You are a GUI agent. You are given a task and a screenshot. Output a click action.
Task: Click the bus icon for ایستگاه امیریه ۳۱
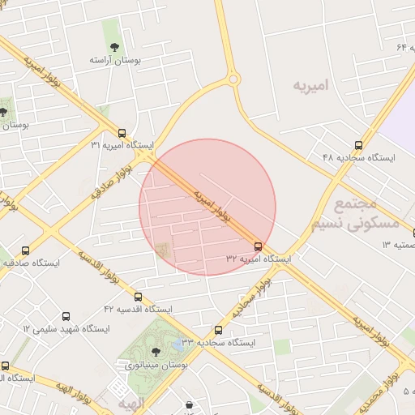[122, 133]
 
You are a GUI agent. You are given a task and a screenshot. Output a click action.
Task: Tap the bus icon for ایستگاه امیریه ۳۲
[258, 246]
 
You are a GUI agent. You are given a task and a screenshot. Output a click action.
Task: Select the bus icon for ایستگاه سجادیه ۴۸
[358, 145]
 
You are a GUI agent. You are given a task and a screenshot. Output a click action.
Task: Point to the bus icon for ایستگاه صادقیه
[26, 251]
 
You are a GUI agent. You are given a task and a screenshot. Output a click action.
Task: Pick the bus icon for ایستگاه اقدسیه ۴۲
[139, 297]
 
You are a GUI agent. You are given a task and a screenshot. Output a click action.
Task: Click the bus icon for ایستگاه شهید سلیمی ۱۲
[66, 317]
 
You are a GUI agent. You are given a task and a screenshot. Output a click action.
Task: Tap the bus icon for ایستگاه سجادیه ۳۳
[218, 330]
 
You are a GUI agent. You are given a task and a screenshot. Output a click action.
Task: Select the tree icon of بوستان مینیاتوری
[155, 352]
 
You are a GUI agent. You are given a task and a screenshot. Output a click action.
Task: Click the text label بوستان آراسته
[115, 61]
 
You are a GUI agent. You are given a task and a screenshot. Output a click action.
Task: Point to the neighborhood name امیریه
[314, 85]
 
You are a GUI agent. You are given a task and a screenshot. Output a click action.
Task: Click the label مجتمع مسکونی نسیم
[366, 213]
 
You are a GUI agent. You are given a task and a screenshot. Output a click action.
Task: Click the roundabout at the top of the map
[233, 79]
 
